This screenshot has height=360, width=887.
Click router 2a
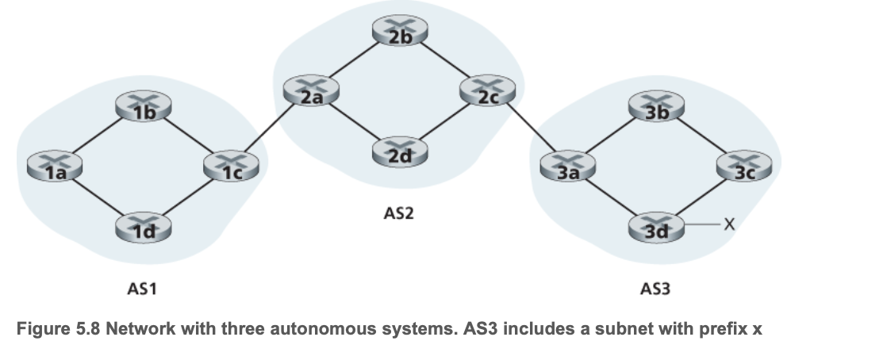click(306, 91)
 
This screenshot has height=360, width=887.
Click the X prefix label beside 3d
click(728, 227)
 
